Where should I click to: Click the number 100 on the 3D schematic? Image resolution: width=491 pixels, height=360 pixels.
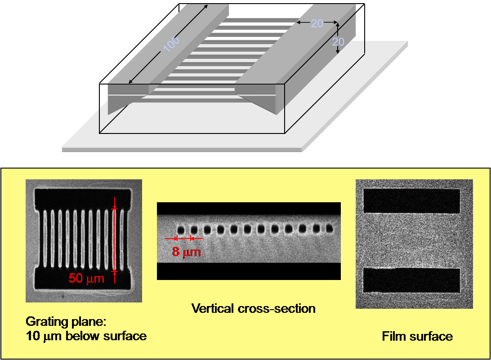click(x=171, y=44)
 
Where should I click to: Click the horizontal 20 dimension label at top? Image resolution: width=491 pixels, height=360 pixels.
click(x=317, y=23)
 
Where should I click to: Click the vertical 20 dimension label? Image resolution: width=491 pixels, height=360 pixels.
click(x=338, y=42)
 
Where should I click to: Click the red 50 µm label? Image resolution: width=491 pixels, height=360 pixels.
click(x=86, y=278)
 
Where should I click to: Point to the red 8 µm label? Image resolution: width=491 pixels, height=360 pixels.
click(x=186, y=252)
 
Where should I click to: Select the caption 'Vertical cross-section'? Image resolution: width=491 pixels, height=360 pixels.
click(x=253, y=309)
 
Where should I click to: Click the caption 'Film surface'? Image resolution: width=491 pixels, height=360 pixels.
click(x=417, y=337)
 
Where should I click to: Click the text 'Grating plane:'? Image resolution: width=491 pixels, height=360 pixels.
click(x=66, y=322)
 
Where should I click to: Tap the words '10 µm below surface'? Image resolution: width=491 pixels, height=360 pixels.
click(x=86, y=336)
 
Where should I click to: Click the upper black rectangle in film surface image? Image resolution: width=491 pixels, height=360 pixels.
click(x=411, y=201)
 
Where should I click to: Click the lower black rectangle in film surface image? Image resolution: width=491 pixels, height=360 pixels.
click(x=411, y=280)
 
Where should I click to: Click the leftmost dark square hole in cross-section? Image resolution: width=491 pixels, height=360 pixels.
click(x=181, y=230)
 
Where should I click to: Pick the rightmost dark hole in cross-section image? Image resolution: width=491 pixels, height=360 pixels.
click(x=329, y=228)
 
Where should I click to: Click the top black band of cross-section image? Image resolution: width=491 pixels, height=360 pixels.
click(x=249, y=209)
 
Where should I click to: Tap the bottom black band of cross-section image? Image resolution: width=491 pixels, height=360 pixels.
click(x=249, y=271)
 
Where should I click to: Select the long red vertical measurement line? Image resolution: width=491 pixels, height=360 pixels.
click(x=115, y=240)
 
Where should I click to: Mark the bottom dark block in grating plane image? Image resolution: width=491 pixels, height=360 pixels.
click(x=83, y=279)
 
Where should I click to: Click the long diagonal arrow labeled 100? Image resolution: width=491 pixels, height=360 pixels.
click(x=168, y=44)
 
